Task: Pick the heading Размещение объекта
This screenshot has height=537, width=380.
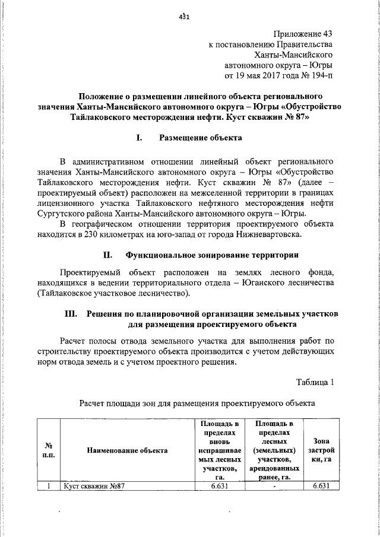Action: tap(200, 138)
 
